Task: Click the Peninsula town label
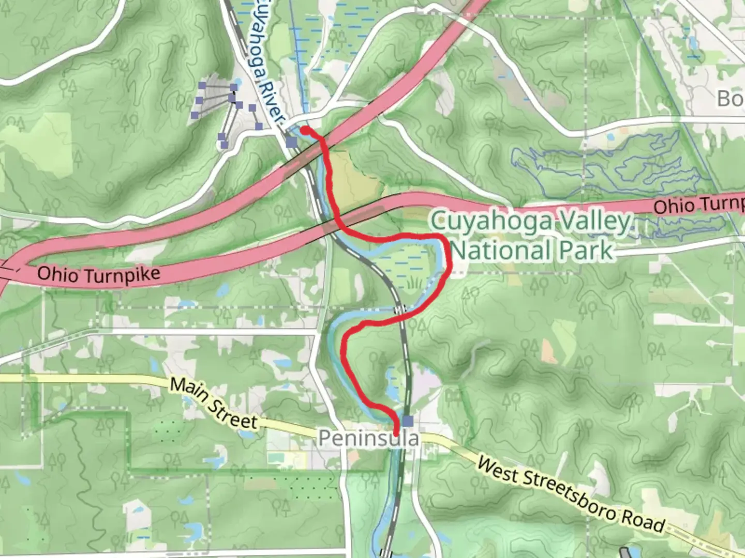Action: pyautogui.click(x=368, y=439)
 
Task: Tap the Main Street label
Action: pyautogui.click(x=214, y=404)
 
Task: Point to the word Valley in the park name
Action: pyautogui.click(x=588, y=222)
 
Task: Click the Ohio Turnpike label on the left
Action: pyautogui.click(x=99, y=274)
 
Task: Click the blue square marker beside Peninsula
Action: pyautogui.click(x=409, y=421)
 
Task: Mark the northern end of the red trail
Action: pyautogui.click(x=304, y=129)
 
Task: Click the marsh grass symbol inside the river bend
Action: pyautogui.click(x=413, y=282)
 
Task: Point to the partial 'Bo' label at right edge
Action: pyautogui.click(x=729, y=98)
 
